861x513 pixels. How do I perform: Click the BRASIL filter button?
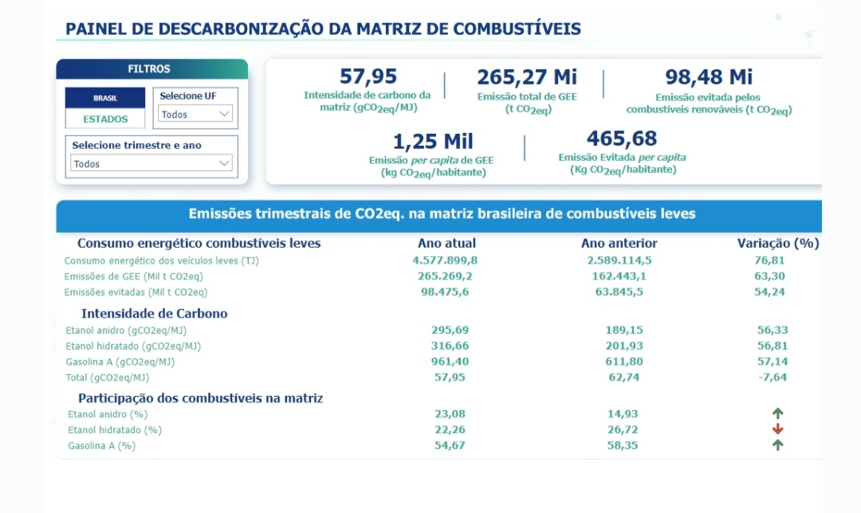click(x=105, y=98)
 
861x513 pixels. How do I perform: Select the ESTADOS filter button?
click(x=105, y=119)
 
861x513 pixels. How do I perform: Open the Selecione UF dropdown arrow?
click(x=224, y=114)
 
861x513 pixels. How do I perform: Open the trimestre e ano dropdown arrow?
click(x=224, y=163)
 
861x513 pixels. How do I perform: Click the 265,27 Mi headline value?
click(x=527, y=77)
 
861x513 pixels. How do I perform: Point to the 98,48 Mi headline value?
click(x=709, y=77)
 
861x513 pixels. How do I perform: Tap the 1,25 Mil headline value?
click(x=433, y=142)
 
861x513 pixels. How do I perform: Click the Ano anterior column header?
click(x=619, y=243)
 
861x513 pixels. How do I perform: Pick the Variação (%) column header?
click(x=777, y=243)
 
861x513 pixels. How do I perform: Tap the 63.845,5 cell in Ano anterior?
click(x=619, y=292)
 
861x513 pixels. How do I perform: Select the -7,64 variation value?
click(x=773, y=377)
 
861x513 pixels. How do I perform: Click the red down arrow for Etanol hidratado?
click(x=778, y=429)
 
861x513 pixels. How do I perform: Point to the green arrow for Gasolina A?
click(x=778, y=445)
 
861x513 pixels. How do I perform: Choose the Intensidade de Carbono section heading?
click(x=154, y=313)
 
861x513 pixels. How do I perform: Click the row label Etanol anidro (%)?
click(x=108, y=414)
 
